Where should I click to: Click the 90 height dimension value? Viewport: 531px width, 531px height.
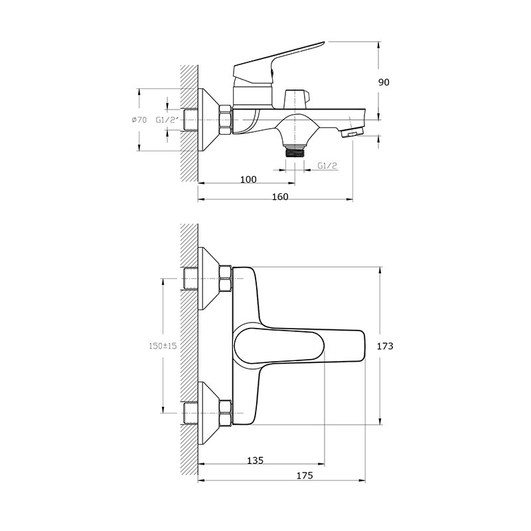click(384, 82)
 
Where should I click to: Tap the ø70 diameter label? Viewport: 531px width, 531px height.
click(139, 119)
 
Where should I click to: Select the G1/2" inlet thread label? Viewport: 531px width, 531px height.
click(167, 120)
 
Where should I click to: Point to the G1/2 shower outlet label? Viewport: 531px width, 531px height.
click(327, 165)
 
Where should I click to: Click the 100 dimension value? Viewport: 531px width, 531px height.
click(248, 179)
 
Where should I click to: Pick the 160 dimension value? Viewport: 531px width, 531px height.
click(280, 196)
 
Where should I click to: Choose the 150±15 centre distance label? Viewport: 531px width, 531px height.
click(163, 346)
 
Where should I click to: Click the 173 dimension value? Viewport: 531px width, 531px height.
click(385, 346)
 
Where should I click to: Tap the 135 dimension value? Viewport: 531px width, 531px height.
click(255, 461)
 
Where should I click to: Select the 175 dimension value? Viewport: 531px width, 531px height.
click(305, 475)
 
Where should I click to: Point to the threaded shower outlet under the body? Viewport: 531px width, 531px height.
click(295, 152)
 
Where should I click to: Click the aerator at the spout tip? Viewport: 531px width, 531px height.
click(352, 133)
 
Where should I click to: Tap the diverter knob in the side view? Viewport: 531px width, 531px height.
click(297, 99)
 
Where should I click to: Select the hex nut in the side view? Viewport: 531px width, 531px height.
click(226, 120)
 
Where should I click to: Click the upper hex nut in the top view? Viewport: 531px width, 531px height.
click(226, 278)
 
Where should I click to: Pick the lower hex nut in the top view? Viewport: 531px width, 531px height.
click(226, 413)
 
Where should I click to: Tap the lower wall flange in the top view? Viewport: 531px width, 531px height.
click(208, 413)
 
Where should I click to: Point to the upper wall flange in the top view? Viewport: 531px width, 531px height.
click(208, 278)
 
